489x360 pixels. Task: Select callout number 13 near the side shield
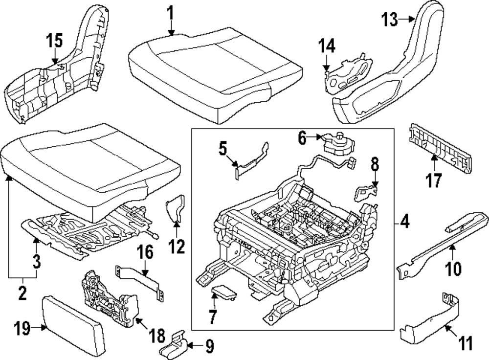click(390, 20)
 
